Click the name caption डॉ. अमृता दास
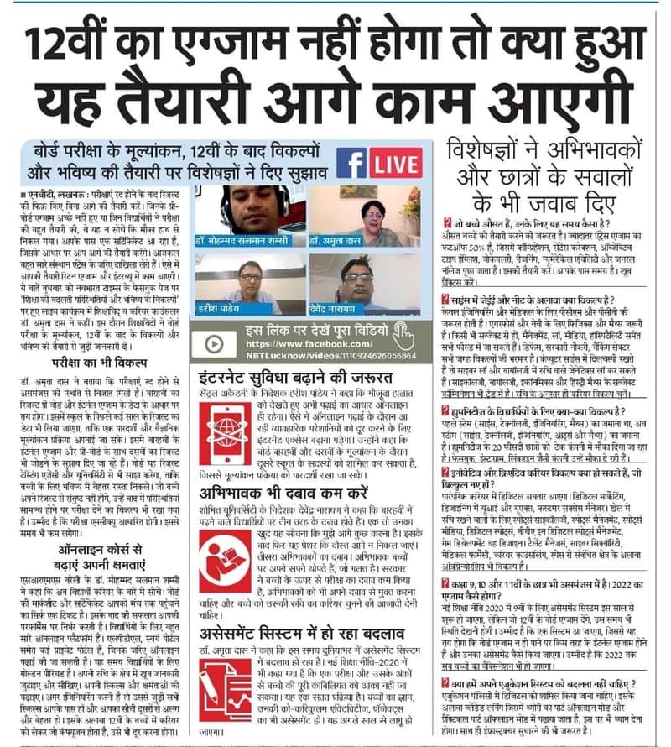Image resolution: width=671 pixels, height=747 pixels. [336, 240]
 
